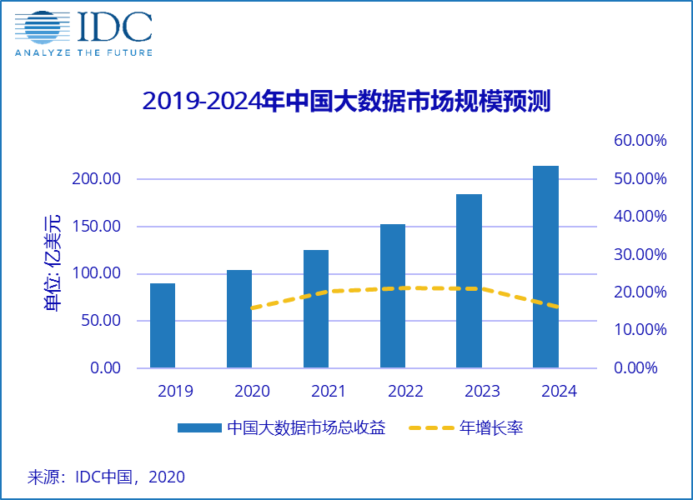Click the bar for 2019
(x=163, y=325)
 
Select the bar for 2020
(x=239, y=318)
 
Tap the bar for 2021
(x=316, y=308)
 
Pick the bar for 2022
(x=393, y=296)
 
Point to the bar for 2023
(x=469, y=281)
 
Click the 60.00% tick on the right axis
(x=640, y=141)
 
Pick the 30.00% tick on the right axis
(x=640, y=254)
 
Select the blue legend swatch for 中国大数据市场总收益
(x=198, y=428)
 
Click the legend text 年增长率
(x=491, y=428)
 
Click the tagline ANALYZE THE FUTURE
(x=83, y=52)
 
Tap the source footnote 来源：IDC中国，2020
(x=106, y=477)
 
